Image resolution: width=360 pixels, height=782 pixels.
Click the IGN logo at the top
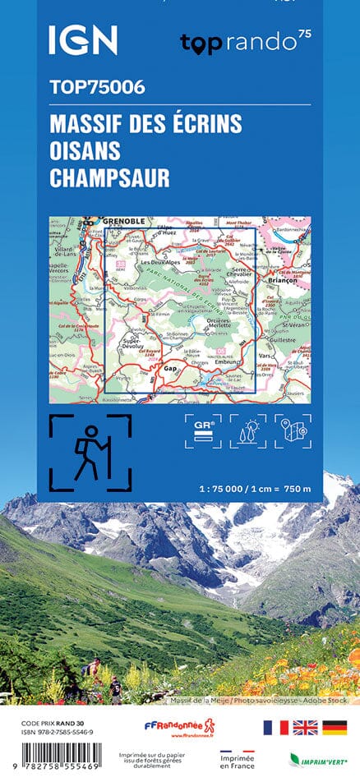(82, 39)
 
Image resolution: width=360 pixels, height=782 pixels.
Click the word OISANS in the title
(85, 150)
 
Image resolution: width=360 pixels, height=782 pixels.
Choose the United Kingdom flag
(305, 727)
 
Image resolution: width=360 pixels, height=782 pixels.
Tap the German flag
(334, 727)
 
